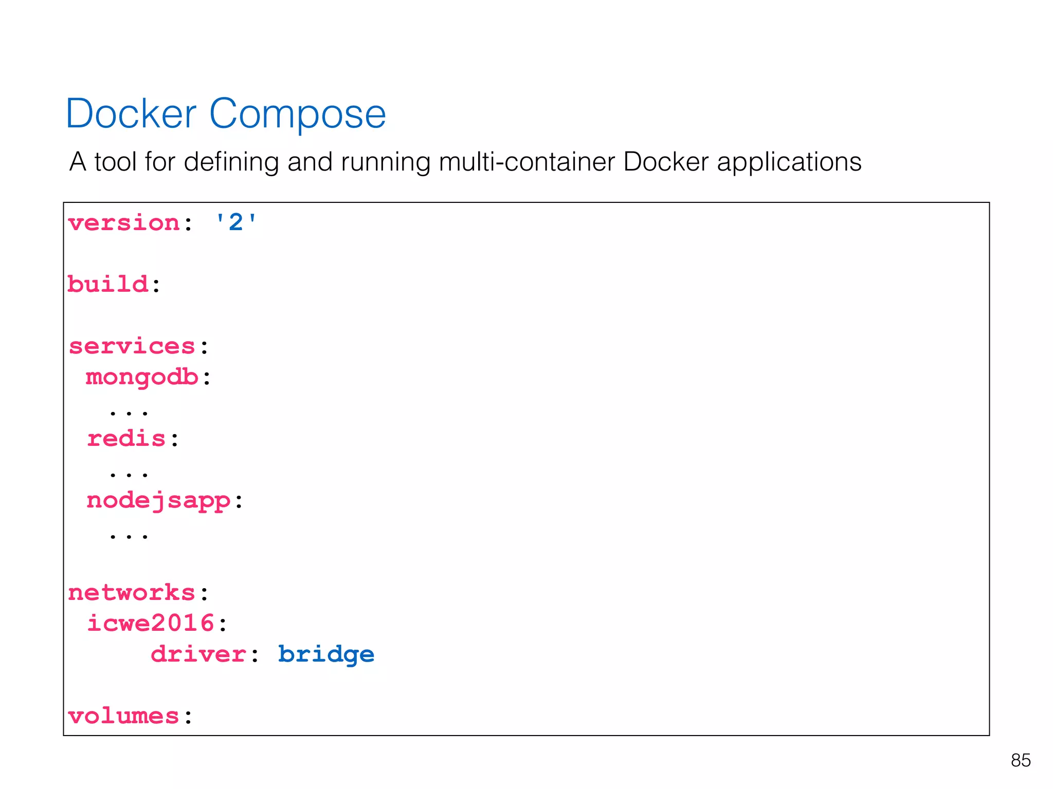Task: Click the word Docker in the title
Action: pyautogui.click(x=131, y=114)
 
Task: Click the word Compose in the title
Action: pyautogui.click(x=297, y=114)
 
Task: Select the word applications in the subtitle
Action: pyautogui.click(x=789, y=162)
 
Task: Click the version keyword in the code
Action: pyautogui.click(x=124, y=223)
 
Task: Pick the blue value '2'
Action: pyautogui.click(x=235, y=223)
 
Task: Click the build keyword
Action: pyautogui.click(x=108, y=284)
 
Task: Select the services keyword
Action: pyautogui.click(x=132, y=346)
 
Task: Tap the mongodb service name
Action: pyautogui.click(x=142, y=378)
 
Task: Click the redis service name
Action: pyautogui.click(x=126, y=439)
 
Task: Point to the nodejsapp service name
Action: pyautogui.click(x=158, y=500)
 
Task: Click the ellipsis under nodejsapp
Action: pyautogui.click(x=129, y=536)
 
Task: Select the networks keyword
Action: pyautogui.click(x=132, y=593)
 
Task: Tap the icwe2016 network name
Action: pyautogui.click(x=151, y=624)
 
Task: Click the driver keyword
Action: pyautogui.click(x=198, y=654)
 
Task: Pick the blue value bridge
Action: pyautogui.click(x=326, y=654)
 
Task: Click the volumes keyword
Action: pyautogui.click(x=123, y=716)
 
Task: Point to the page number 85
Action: pyautogui.click(x=1020, y=760)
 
